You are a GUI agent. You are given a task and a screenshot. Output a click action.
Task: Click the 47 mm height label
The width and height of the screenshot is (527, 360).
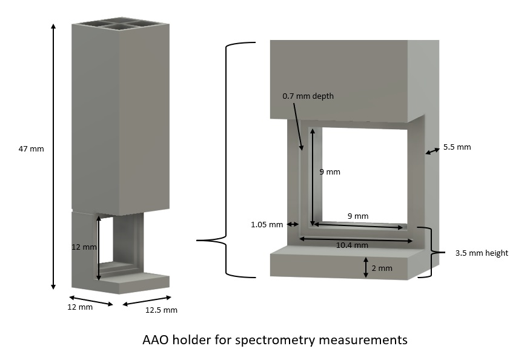tap(31, 148)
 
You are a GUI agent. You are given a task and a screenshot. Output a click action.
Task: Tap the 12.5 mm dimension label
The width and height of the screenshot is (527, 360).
tap(161, 310)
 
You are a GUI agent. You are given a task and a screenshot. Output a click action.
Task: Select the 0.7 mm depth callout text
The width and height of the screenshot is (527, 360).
tap(308, 96)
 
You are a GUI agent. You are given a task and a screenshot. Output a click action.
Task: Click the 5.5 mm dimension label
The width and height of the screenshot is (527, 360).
tap(457, 147)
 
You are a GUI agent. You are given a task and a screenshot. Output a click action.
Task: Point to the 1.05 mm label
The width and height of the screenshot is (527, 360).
tap(267, 225)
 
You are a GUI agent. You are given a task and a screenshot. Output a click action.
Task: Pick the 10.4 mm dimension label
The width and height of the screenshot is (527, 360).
tap(352, 245)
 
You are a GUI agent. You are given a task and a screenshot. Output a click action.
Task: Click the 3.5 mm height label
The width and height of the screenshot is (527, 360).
tap(482, 253)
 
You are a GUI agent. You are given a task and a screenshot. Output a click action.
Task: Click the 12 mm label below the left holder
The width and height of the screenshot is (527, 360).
tap(80, 307)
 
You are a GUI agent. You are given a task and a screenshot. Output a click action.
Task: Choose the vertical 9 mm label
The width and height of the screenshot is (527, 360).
tap(330, 172)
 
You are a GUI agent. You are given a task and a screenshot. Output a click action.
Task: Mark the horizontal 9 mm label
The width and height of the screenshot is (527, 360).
tap(357, 216)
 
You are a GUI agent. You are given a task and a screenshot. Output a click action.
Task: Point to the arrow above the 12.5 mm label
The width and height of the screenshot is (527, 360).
tap(147, 300)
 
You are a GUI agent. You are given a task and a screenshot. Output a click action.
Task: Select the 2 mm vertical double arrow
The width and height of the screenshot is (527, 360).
tap(366, 267)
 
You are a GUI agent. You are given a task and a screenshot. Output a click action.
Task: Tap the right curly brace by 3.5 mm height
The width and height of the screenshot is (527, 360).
tap(431, 252)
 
